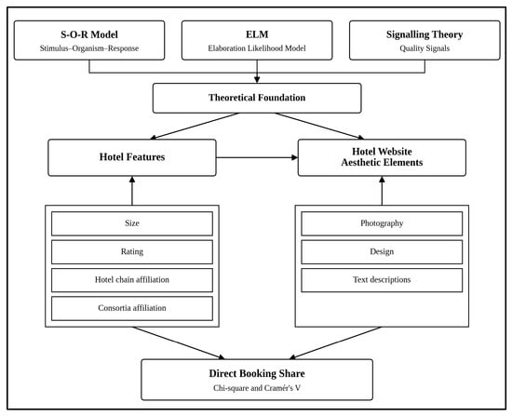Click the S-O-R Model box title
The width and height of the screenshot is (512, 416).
[x=89, y=34]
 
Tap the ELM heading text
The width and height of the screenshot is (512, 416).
[x=257, y=34]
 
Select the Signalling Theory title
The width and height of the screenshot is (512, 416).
[x=424, y=34]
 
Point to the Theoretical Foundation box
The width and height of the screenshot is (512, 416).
[x=257, y=98]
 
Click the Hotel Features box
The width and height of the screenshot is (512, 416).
[x=132, y=157]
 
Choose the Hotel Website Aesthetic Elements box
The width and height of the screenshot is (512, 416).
[x=382, y=157]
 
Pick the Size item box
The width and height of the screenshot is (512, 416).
[x=132, y=223]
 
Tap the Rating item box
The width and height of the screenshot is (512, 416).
[x=132, y=252]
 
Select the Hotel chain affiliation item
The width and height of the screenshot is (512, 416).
[x=132, y=280]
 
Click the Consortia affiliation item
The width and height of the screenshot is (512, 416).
[x=132, y=308]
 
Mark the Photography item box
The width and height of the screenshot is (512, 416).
[x=382, y=223]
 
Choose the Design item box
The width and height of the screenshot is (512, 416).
[x=382, y=252]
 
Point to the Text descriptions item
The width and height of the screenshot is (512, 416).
[x=382, y=280]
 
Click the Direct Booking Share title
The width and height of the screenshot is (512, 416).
[x=257, y=373]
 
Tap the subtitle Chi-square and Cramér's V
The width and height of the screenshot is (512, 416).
[x=257, y=388]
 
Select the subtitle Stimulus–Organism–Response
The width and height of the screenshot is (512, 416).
[x=89, y=48]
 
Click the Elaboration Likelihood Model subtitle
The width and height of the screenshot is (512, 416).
[x=257, y=48]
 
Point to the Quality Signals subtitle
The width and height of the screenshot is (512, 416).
[x=424, y=48]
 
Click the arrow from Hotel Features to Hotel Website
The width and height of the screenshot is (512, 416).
[x=257, y=157]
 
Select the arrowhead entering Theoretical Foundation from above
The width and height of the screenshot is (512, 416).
[x=257, y=80]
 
